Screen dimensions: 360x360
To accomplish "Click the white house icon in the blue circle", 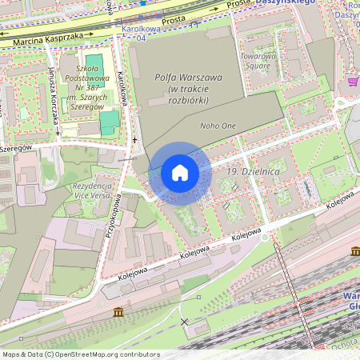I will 179,173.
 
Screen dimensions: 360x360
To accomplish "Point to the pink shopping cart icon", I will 353,81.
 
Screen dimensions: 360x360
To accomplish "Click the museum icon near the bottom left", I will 119,312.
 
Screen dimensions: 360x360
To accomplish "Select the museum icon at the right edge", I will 355,251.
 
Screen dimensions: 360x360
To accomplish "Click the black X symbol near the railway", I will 186,322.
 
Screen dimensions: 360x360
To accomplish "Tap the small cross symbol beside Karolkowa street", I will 134,140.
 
